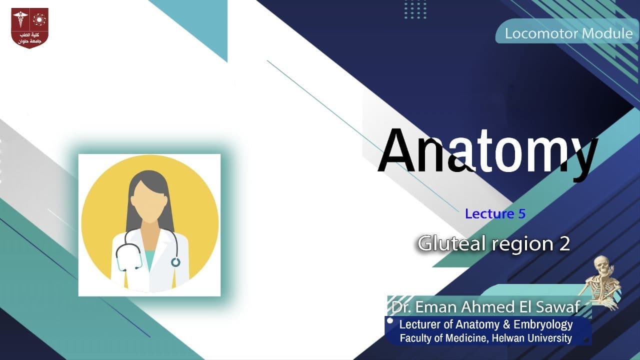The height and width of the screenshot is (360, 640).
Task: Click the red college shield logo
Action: [30, 28]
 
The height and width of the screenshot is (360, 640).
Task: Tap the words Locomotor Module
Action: [568, 34]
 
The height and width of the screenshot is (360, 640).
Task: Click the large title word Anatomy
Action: [487, 150]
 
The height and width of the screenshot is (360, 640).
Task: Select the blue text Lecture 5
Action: [495, 214]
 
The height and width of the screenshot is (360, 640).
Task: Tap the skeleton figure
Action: [604, 282]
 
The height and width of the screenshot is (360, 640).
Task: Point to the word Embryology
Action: [542, 324]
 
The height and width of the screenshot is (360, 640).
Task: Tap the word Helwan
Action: [508, 338]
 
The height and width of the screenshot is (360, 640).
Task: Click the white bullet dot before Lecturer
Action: [390, 321]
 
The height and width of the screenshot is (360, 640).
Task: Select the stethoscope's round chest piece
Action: [175, 261]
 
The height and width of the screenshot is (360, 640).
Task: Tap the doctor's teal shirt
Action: [150, 260]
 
